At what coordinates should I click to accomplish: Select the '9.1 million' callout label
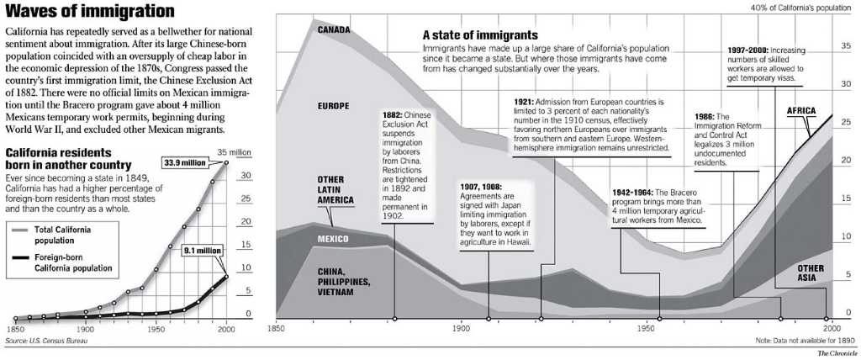pos(197,250)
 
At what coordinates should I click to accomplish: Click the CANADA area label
pos(333,30)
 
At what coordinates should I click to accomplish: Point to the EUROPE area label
pos(333,106)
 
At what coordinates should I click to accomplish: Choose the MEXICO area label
pos(335,240)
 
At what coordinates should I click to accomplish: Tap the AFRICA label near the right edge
pos(802,111)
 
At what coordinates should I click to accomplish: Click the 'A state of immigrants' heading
pos(479,35)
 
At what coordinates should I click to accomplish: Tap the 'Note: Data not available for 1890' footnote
pos(792,341)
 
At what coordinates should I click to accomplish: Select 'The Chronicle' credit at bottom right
pos(836,353)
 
